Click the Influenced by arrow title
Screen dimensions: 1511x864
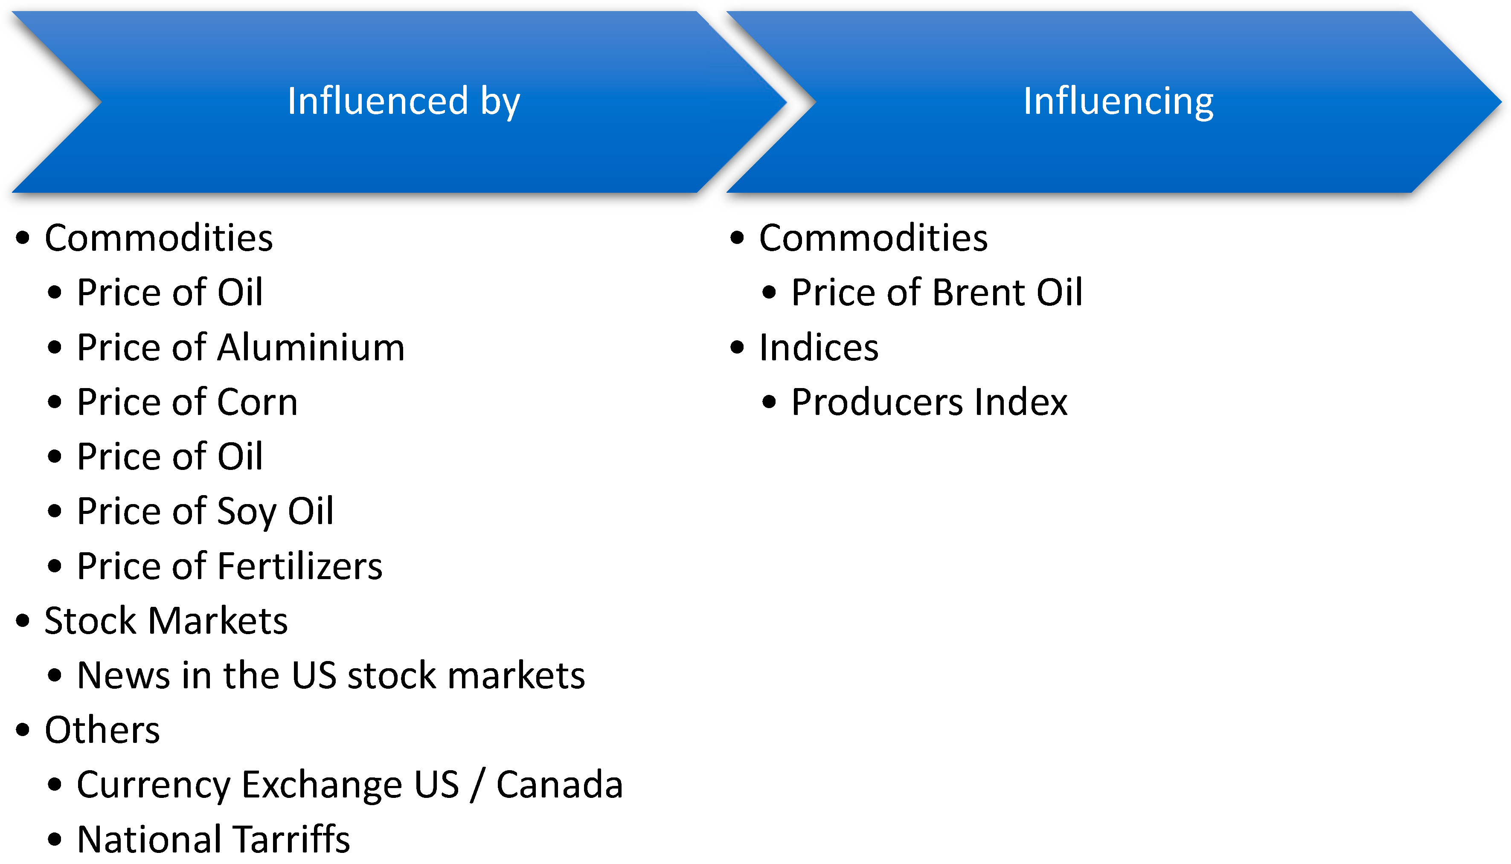point(404,101)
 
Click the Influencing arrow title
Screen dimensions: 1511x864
point(1118,101)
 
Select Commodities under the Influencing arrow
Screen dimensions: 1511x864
point(873,238)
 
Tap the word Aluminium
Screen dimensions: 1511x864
point(311,347)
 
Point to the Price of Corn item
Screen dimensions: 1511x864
point(188,402)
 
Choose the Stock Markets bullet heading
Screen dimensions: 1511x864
point(166,620)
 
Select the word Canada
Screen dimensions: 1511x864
point(559,785)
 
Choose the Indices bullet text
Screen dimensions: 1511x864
point(819,347)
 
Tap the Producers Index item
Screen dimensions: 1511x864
point(930,402)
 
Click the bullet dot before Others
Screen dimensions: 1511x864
point(23,730)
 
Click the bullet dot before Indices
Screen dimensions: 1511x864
point(737,348)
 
